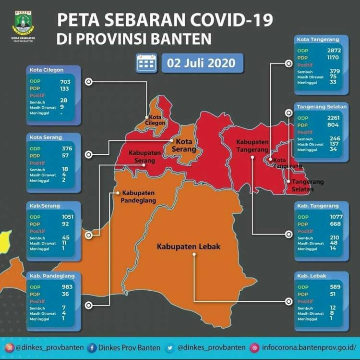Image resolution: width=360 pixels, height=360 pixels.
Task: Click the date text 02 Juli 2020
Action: click(x=201, y=63)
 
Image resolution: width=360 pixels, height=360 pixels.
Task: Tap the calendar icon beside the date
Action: click(x=146, y=63)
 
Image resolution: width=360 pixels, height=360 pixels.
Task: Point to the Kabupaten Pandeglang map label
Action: click(x=139, y=197)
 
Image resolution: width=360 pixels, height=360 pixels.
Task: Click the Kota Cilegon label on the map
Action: click(x=156, y=120)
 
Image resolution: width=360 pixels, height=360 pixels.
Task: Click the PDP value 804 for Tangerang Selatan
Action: click(x=333, y=124)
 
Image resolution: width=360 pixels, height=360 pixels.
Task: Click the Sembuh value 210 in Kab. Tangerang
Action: click(x=334, y=237)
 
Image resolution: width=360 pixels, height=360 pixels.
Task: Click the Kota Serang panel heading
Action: click(x=46, y=137)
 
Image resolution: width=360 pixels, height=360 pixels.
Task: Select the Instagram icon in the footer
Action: click(x=9, y=348)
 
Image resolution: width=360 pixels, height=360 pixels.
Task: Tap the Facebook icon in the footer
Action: click(x=92, y=348)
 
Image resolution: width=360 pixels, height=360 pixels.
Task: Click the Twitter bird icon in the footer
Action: click(x=170, y=348)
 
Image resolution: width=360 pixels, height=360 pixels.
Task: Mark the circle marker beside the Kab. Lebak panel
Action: click(x=288, y=301)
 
